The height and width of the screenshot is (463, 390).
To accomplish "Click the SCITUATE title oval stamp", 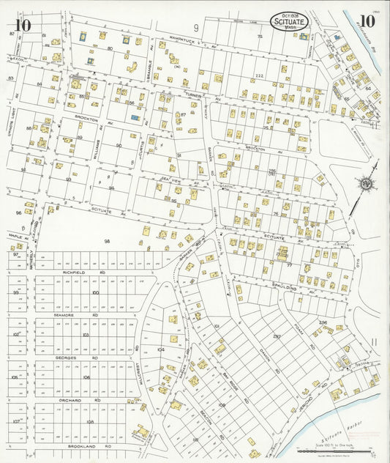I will click(x=290, y=22).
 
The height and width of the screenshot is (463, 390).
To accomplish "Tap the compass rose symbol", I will click(x=368, y=184).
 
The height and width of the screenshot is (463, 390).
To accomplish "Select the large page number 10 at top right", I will click(x=367, y=21).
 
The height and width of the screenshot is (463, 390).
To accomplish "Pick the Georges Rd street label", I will click(x=66, y=358).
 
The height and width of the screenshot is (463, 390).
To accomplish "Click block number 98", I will click(x=107, y=240).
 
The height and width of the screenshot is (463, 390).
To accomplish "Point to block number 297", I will click(x=277, y=336).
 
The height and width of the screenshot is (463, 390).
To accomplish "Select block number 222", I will click(x=259, y=75).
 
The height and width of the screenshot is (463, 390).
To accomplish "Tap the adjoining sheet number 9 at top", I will click(x=196, y=28).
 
